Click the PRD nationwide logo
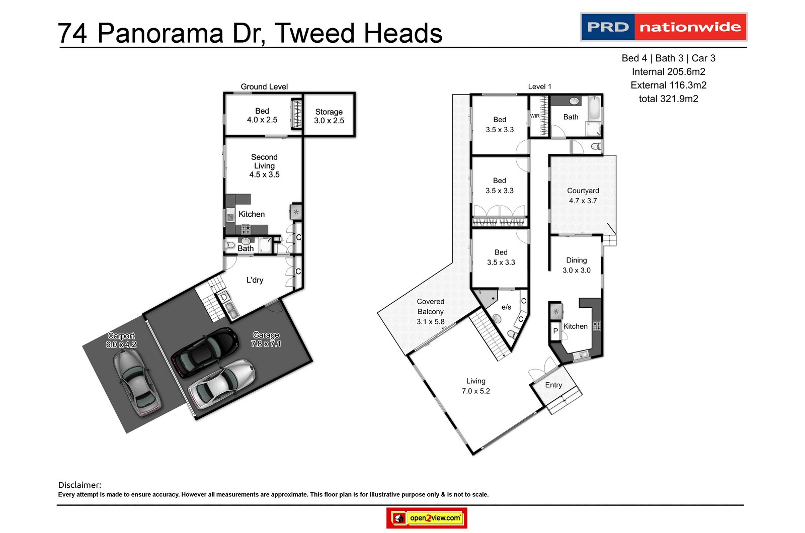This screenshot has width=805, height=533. click(x=663, y=27)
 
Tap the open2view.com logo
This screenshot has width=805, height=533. click(x=427, y=518)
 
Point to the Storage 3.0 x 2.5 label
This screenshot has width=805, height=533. click(x=329, y=116)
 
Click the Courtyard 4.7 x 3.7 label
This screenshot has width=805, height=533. click(x=583, y=196)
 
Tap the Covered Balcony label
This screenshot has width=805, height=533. click(x=430, y=311)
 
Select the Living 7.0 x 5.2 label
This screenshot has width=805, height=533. click(x=475, y=386)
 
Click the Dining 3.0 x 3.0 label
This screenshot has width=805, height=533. click(x=576, y=265)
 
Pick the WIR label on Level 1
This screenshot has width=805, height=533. click(x=534, y=116)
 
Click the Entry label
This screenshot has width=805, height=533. click(x=553, y=385)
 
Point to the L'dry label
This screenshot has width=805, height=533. click(x=255, y=280)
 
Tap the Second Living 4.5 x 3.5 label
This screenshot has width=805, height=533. click(x=264, y=165)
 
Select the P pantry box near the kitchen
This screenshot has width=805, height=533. click(x=555, y=331)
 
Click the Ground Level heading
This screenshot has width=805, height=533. click(x=264, y=86)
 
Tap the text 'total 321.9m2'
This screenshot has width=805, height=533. click(x=668, y=99)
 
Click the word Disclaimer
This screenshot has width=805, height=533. click(x=79, y=485)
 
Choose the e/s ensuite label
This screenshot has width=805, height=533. click(x=506, y=307)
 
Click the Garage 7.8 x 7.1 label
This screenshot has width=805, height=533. click(x=266, y=339)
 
